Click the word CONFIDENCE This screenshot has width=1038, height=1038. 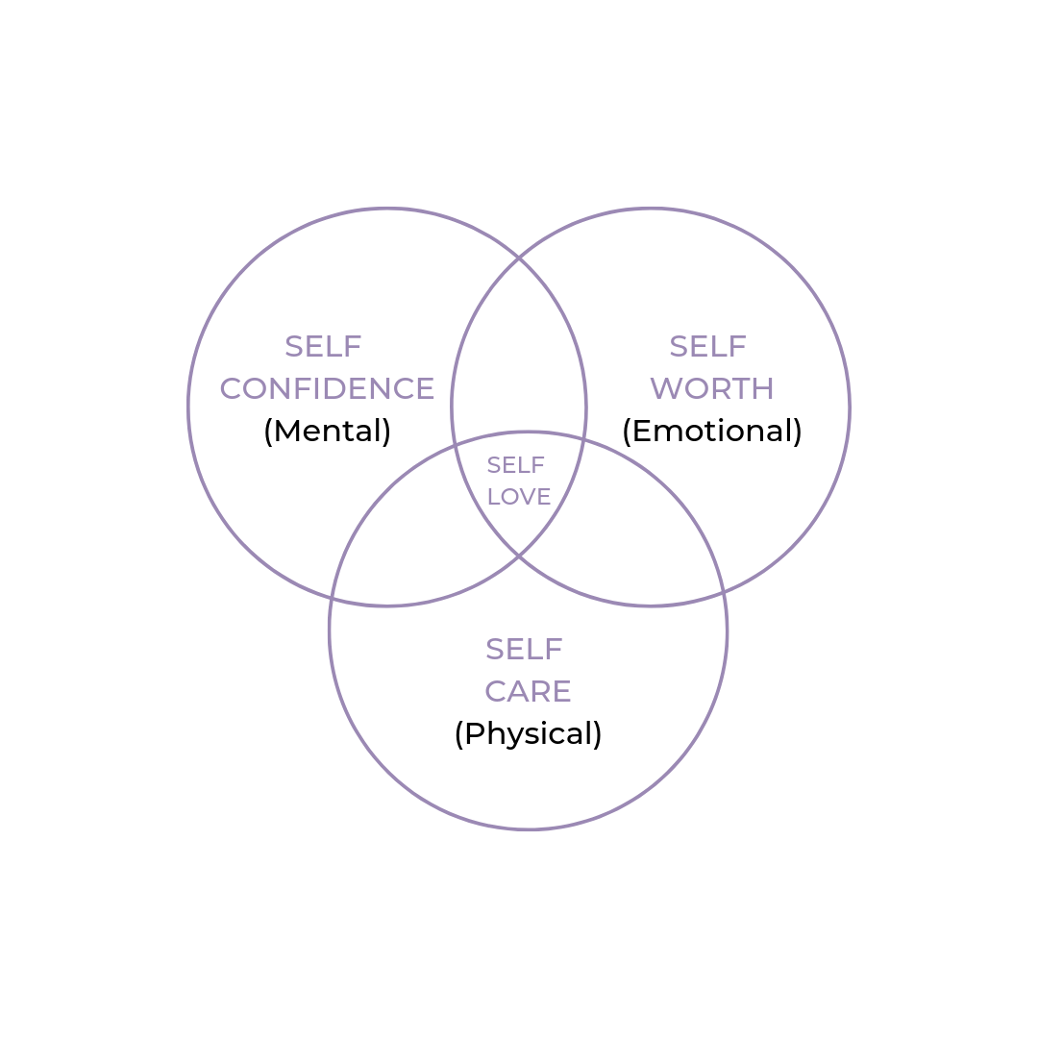click(327, 388)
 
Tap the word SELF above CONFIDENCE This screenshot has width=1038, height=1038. click(323, 346)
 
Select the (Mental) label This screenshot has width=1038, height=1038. click(327, 431)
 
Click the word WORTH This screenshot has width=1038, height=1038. click(712, 388)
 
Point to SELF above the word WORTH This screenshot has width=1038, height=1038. click(708, 346)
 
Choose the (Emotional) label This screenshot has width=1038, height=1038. click(712, 431)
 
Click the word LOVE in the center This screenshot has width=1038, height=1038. click(519, 497)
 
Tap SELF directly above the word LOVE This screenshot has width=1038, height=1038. click(516, 465)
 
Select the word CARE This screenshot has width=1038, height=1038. click(528, 691)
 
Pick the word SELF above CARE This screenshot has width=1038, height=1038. click(524, 650)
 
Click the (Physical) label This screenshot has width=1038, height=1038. click(528, 733)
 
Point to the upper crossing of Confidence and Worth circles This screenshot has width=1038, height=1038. click(519, 258)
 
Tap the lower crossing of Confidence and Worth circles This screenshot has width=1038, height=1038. click(519, 556)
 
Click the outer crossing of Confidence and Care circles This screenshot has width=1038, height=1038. click(332, 599)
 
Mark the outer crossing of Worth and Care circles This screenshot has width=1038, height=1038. click(724, 593)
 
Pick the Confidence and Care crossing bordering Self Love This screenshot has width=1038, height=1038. click(455, 444)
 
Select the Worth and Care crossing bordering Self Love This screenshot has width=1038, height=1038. click(583, 439)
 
